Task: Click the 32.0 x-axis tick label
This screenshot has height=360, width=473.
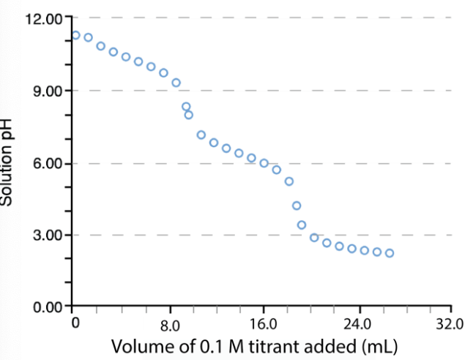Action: point(450,323)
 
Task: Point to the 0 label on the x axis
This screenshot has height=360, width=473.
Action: point(75,322)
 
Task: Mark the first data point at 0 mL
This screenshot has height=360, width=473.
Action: point(75,35)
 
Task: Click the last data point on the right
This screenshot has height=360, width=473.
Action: point(390,253)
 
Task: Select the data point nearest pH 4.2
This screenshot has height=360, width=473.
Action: point(297,206)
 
